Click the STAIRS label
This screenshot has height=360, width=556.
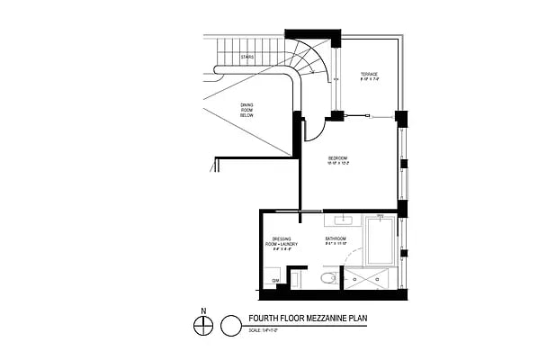pyautogui.click(x=247, y=56)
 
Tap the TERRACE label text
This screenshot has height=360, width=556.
pyautogui.click(x=370, y=74)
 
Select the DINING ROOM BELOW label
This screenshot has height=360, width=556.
pyautogui.click(x=247, y=112)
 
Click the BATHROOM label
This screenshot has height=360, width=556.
pyautogui.click(x=336, y=238)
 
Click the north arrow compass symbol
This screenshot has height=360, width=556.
pyautogui.click(x=204, y=325)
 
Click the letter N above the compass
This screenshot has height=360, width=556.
pyautogui.click(x=204, y=311)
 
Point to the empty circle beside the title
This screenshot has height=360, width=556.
pyautogui.click(x=231, y=324)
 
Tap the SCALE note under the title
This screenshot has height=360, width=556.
pyautogui.click(x=263, y=330)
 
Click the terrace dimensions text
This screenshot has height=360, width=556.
pyautogui.click(x=370, y=80)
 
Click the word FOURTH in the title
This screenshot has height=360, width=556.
pyautogui.click(x=264, y=318)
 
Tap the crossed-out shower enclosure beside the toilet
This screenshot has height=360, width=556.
pyautogui.click(x=370, y=279)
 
